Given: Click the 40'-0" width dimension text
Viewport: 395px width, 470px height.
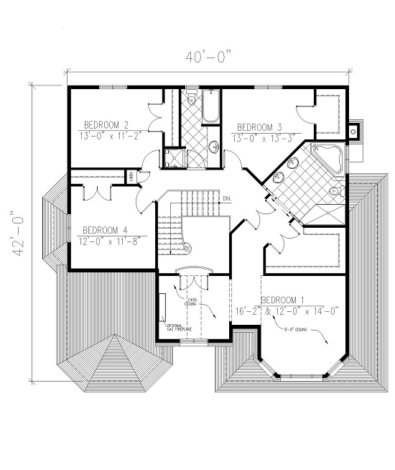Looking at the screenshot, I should click(209, 57).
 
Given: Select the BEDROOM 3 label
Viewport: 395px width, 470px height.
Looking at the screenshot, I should click(259, 123).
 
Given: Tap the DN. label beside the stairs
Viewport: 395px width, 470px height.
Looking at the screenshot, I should click(227, 198).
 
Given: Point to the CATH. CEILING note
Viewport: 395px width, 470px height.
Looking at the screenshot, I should click(192, 303).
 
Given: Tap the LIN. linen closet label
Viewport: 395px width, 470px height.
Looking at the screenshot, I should click(132, 174).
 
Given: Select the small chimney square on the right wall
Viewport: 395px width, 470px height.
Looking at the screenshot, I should click(353, 131).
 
